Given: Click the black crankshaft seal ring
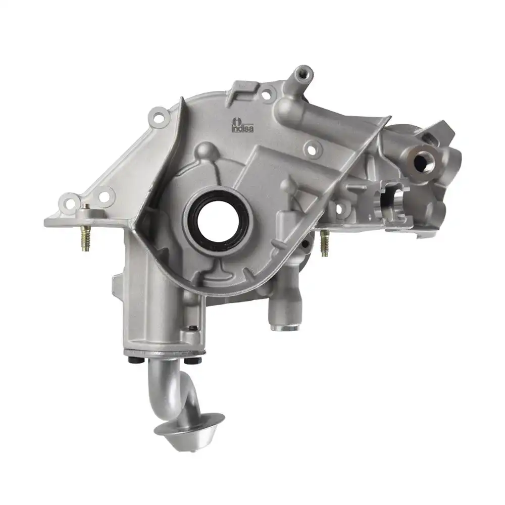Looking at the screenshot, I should (x=216, y=217).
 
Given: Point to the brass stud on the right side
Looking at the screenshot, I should (x=324, y=242).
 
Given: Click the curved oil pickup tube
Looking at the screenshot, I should (x=164, y=389).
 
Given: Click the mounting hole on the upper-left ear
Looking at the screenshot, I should (x=158, y=117).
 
